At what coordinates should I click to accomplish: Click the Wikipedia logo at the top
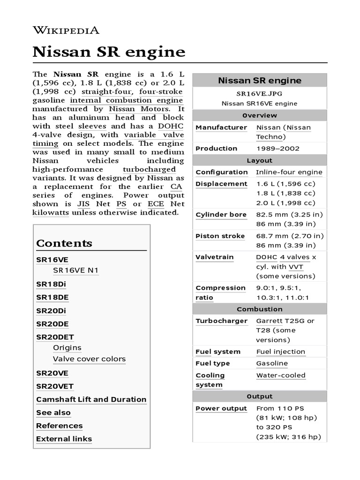point(66,30)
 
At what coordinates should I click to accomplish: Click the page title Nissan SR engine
point(109,52)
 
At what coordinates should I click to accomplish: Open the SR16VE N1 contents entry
point(76,270)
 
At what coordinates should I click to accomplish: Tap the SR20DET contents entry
point(55,337)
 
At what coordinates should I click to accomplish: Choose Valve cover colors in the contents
point(89,359)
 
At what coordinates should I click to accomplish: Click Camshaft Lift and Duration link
point(91,399)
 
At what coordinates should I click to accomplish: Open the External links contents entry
point(64,439)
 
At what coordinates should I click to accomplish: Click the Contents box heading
point(64,243)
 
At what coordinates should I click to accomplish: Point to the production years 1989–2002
point(277,149)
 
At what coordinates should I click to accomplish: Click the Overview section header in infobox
point(259,115)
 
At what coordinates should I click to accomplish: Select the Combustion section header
point(259,309)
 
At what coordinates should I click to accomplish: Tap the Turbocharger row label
point(221,321)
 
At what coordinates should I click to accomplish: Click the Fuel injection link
point(280,352)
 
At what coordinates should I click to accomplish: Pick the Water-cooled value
point(280,375)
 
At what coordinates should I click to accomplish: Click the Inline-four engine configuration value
point(289,172)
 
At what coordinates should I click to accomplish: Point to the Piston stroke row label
point(220,236)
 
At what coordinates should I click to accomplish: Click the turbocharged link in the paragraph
point(149,169)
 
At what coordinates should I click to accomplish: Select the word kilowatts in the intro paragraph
point(51,212)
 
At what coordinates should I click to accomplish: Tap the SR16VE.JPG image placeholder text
point(259,93)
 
